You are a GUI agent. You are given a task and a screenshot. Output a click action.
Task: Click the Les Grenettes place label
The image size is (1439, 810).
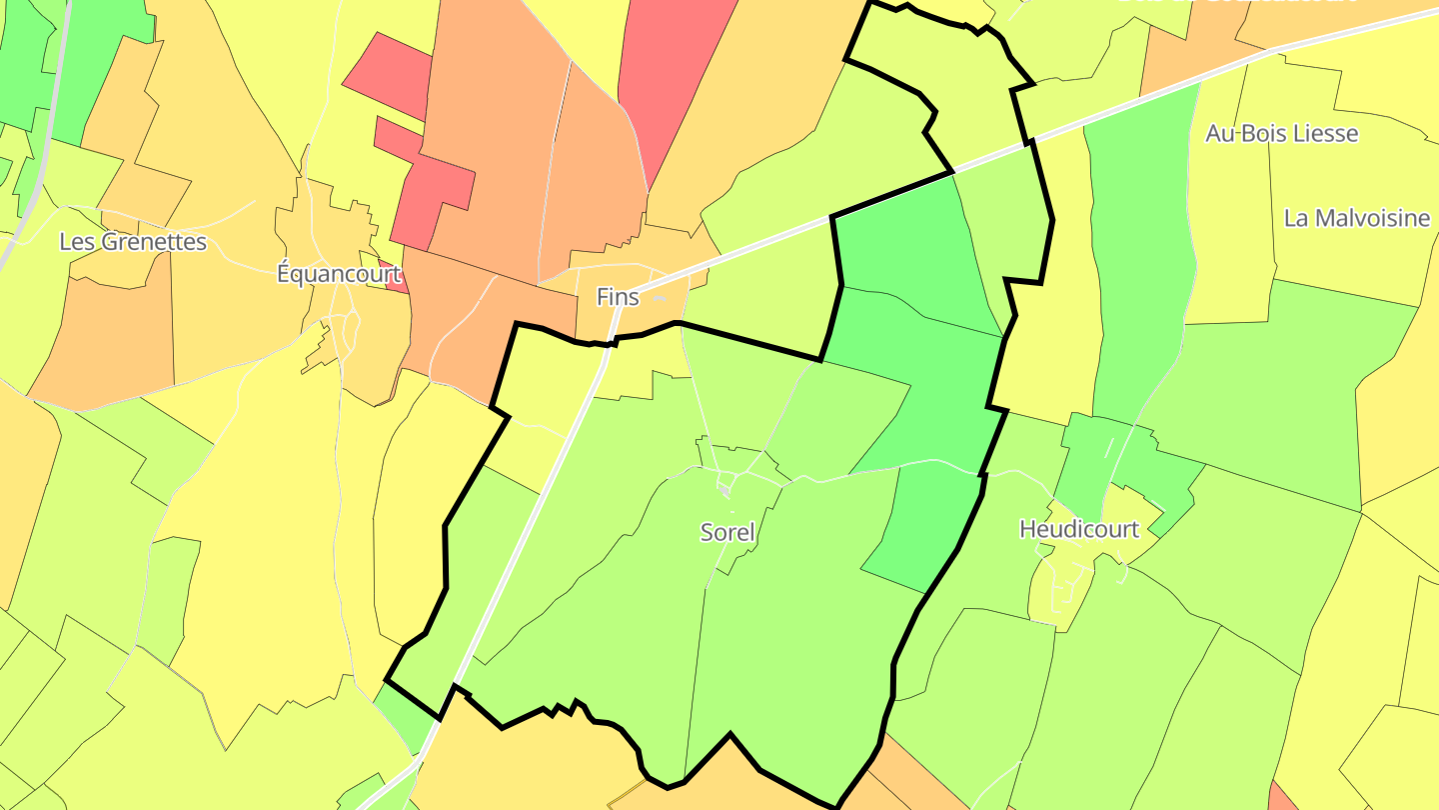(133, 242)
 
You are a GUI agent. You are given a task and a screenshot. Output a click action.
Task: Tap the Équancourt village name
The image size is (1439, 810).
(339, 274)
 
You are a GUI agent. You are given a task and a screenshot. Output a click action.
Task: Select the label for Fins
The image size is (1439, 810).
(617, 297)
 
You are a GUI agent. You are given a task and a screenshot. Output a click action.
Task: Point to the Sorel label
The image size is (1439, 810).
(727, 532)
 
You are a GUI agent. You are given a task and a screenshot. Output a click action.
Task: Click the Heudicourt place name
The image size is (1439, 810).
(1078, 529)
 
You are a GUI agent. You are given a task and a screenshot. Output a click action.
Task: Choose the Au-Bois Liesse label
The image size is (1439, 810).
(1282, 133)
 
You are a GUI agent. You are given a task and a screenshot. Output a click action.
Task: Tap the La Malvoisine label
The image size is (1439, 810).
(1357, 218)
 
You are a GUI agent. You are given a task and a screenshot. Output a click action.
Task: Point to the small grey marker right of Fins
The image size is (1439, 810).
(659, 297)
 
